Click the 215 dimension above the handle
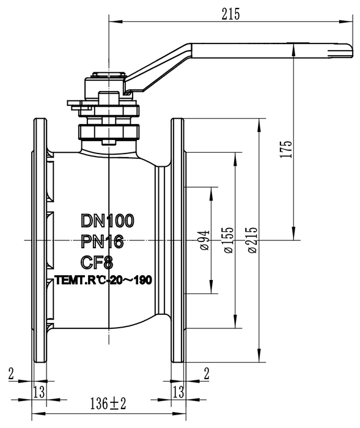point(230,14)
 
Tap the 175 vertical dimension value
point(286,149)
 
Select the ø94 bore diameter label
point(205,240)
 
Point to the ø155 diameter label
point(229,240)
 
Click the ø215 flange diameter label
point(252,240)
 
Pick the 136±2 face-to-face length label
point(108,404)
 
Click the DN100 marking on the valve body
point(108,221)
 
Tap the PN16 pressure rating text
point(102,242)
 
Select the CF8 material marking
point(97,262)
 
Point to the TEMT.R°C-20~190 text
point(103,280)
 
